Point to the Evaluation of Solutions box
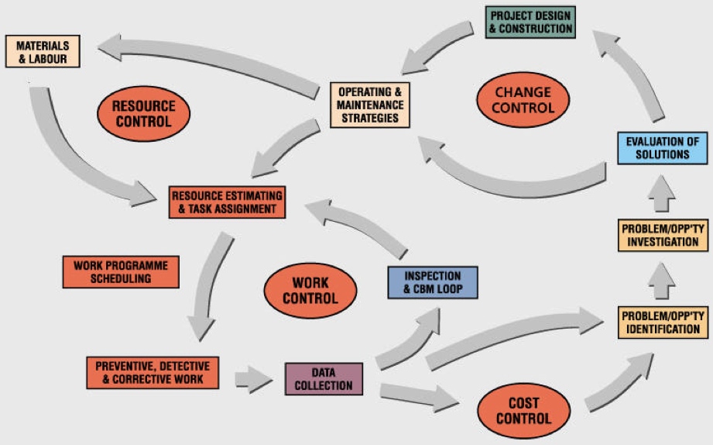click(x=662, y=147)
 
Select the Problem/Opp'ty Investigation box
click(x=662, y=235)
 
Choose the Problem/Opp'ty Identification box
click(x=662, y=323)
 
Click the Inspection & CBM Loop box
click(x=433, y=283)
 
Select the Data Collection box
click(x=324, y=378)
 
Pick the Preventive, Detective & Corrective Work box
click(x=153, y=372)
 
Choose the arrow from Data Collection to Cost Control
click(x=418, y=396)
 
